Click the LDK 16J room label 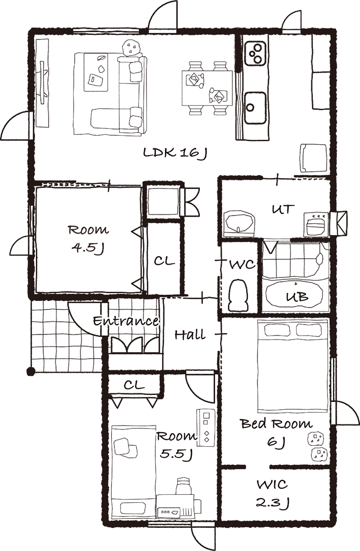pos(175,153)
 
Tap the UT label pos(283,209)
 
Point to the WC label pos(242,264)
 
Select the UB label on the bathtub pos(297,297)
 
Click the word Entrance pos(126,321)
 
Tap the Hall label pos(190,335)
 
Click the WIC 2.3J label pos(272,494)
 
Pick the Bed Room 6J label pos(277,432)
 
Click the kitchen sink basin pos(255,108)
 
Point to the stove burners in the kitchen pos(256,53)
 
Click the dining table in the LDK pos(207,88)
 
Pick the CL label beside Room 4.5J pos(164,261)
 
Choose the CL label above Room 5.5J pos(134,385)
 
